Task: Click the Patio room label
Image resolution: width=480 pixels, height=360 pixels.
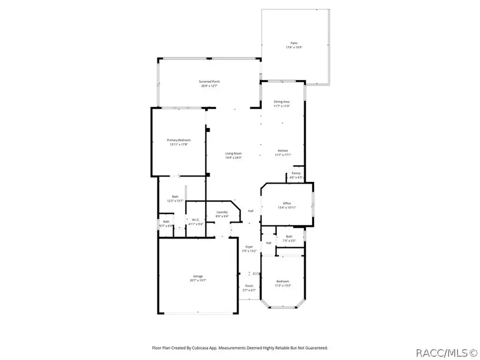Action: click(x=294, y=43)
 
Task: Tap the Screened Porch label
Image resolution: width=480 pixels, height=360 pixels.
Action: click(x=210, y=82)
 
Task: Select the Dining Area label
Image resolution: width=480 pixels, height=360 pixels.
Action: click(x=282, y=101)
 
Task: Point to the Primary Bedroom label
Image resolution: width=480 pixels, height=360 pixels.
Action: click(x=179, y=140)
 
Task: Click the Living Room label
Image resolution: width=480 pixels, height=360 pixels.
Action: click(x=234, y=154)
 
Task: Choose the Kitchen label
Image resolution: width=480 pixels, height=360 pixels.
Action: click(x=282, y=150)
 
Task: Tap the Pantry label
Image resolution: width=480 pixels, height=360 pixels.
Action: click(x=296, y=173)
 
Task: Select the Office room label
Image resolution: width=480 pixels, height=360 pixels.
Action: click(x=286, y=203)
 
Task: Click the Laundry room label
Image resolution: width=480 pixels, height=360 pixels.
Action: click(x=222, y=212)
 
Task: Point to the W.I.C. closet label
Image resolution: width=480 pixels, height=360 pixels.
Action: click(x=196, y=221)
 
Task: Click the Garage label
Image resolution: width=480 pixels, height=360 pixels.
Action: click(x=197, y=276)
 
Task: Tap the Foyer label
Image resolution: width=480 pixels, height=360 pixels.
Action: click(x=249, y=247)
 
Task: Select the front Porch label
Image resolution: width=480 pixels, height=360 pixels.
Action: click(x=249, y=286)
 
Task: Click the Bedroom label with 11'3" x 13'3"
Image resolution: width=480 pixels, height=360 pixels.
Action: click(x=282, y=282)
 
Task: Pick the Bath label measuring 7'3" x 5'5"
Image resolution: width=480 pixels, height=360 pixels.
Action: click(x=289, y=236)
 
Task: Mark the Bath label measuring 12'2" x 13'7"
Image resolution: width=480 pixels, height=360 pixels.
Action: click(x=175, y=197)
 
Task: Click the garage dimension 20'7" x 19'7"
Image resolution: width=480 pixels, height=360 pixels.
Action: click(x=197, y=281)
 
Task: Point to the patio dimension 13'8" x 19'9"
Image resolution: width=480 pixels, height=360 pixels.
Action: click(x=294, y=47)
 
